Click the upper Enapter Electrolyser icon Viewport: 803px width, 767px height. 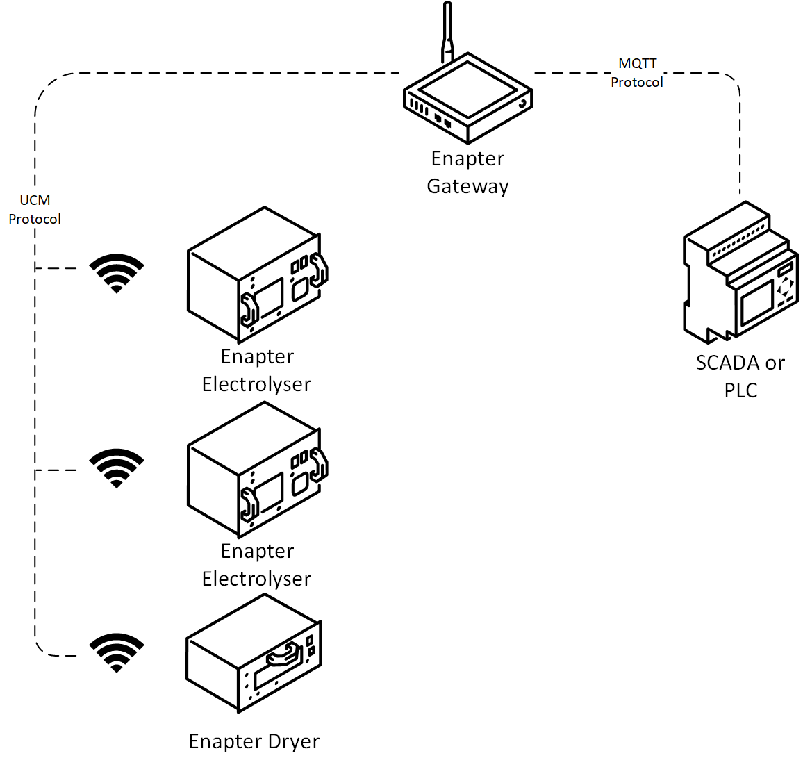click(256, 275)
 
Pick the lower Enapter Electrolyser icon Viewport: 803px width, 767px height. click(256, 470)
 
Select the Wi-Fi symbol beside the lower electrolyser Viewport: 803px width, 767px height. click(117, 468)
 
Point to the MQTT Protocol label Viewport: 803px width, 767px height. click(637, 73)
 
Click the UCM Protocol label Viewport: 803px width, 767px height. click(35, 210)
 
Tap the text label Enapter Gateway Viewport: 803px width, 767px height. click(467, 172)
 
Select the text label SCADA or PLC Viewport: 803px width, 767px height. click(740, 377)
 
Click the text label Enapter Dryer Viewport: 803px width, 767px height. click(254, 741)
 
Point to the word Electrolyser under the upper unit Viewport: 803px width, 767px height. click(256, 384)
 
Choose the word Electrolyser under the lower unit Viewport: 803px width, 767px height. click(256, 579)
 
